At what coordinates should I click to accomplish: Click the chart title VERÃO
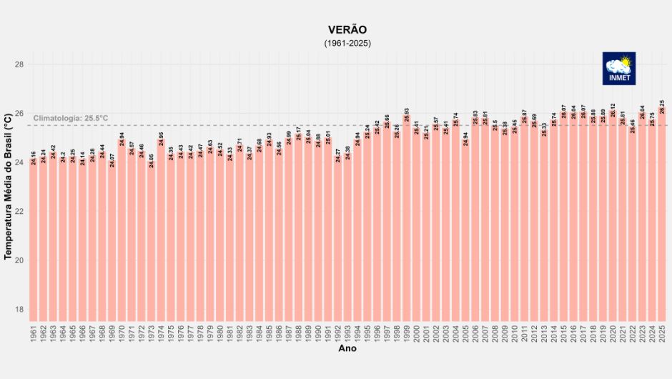347,29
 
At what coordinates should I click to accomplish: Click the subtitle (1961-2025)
347,44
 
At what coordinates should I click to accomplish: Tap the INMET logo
618,68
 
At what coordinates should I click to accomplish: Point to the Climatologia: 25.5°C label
71,118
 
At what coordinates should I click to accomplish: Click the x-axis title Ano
347,349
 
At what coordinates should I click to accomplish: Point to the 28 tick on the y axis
19,65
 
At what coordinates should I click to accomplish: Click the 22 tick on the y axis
19,212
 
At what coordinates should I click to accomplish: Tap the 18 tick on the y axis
19,310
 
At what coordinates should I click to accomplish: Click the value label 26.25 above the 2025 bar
663,107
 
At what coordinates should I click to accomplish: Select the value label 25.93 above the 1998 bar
407,114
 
